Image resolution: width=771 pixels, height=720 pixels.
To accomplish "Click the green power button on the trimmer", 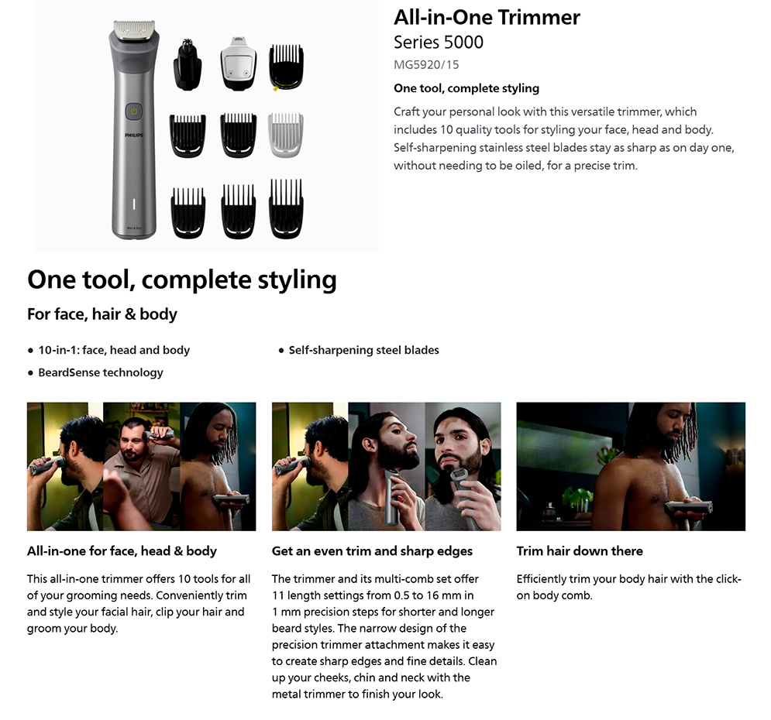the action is coord(134,111).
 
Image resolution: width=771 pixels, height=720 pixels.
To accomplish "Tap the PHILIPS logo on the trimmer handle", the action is coord(134,135).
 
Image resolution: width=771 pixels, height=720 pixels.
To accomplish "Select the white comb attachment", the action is coord(286,135).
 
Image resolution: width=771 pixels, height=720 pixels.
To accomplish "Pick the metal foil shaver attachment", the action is coord(239,63).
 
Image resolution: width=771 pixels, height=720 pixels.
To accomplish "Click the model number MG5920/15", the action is coord(426,64).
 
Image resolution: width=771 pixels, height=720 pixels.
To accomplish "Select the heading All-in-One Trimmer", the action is coord(487,18).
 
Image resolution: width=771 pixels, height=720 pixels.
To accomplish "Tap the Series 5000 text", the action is coord(439,43).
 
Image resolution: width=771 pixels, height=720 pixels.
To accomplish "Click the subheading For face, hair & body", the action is coord(102,314).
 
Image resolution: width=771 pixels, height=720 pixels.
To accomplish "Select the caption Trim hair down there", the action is coord(580,551).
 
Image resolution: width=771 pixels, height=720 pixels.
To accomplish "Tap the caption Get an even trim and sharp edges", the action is coord(372,551).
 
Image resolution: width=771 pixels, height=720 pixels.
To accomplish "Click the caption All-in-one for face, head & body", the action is coord(122,551).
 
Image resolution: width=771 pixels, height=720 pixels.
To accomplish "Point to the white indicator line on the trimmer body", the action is coord(134,204).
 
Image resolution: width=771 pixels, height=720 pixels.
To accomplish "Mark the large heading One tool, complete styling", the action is coord(182,280).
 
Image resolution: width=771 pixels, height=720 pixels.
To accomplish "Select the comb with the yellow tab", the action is coord(286,67).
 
